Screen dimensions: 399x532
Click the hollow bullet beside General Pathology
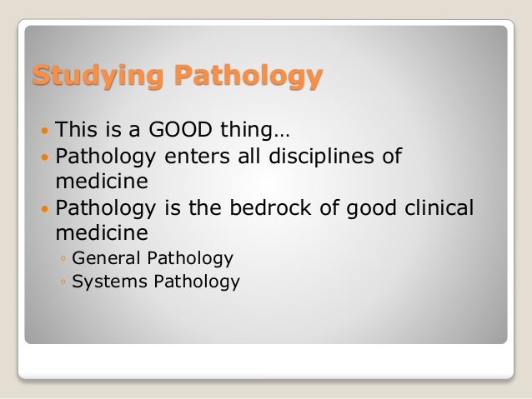(63, 258)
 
